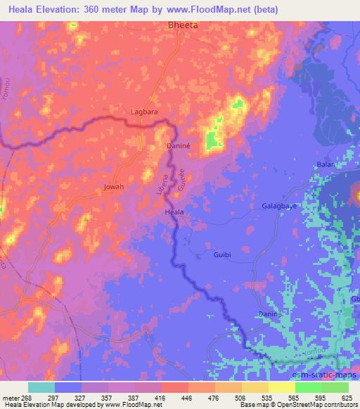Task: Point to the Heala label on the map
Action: pyautogui.click(x=174, y=212)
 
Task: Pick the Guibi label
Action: pyautogui.click(x=222, y=256)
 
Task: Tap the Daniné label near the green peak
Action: pyautogui.click(x=178, y=145)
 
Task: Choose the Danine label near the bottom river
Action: pyautogui.click(x=269, y=312)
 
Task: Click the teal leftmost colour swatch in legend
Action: pyautogui.click(x=41, y=387)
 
